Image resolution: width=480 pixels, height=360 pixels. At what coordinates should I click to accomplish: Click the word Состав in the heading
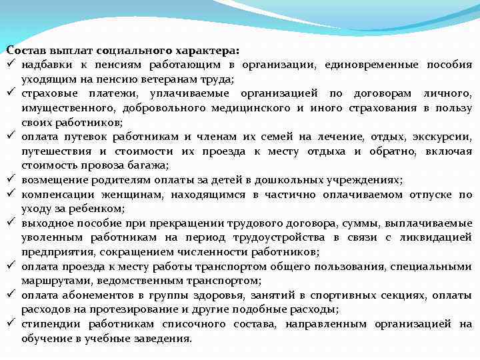point(25,50)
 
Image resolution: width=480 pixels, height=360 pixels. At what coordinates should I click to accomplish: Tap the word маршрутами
point(50,281)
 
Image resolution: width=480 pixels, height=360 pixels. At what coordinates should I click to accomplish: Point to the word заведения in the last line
point(162,338)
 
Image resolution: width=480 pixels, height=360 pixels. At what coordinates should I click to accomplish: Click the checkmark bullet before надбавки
point(11,65)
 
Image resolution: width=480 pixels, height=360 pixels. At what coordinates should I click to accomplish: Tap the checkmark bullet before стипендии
point(11,324)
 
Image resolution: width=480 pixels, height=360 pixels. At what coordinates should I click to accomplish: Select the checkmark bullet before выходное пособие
point(11,223)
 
